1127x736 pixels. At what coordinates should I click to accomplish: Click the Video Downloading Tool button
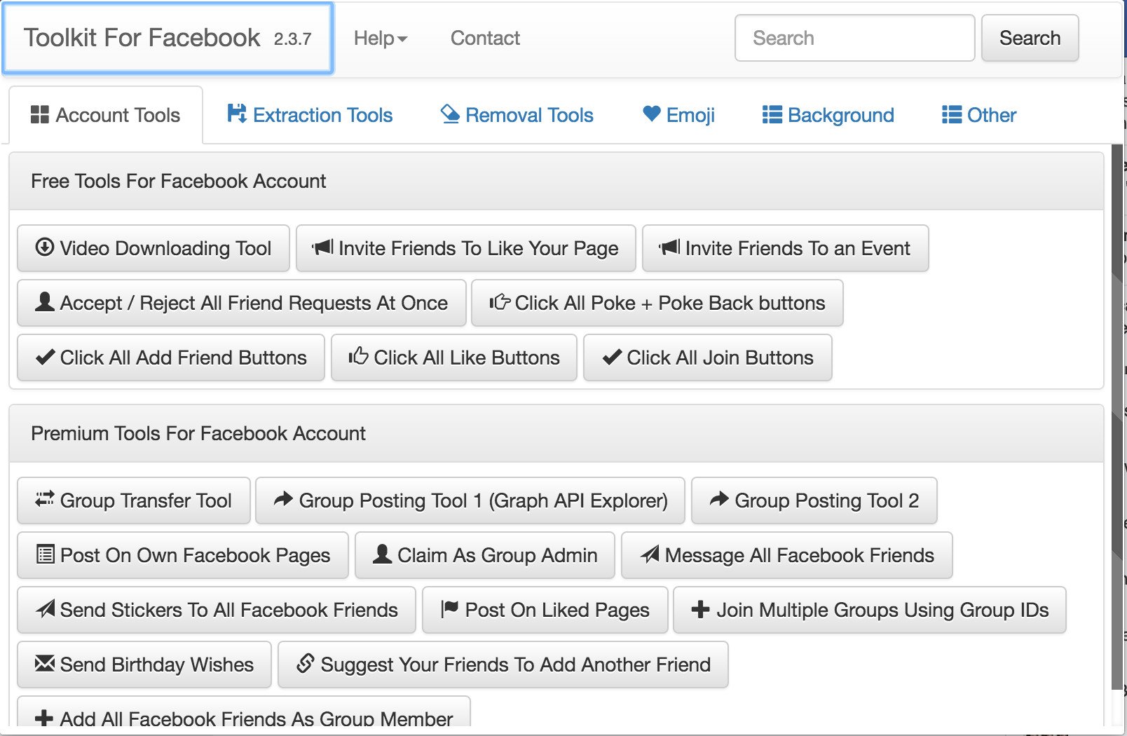pos(153,248)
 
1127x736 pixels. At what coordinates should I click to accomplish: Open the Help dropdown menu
pos(380,39)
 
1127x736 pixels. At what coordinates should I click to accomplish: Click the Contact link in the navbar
pos(485,39)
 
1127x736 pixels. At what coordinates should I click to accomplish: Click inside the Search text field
pos(854,39)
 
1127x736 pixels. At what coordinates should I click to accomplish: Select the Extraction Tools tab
pos(310,115)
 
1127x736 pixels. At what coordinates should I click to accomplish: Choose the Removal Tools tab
pos(517,115)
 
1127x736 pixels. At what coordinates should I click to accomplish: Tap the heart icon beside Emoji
pos(651,114)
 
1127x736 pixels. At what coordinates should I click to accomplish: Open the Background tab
pos(828,115)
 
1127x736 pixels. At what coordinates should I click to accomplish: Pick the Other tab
pos(979,115)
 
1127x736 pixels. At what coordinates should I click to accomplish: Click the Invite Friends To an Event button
pos(785,248)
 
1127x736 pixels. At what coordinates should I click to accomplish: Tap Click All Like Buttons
pos(453,357)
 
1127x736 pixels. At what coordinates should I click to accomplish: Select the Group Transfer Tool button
pos(133,500)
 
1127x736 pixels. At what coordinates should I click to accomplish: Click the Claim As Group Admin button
pos(484,555)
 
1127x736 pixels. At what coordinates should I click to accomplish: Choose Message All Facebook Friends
pos(786,555)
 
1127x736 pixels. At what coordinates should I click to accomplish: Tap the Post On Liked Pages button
pos(545,610)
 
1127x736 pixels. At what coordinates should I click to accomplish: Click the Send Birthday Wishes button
pos(144,665)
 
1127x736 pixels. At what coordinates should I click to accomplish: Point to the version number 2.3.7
pos(292,39)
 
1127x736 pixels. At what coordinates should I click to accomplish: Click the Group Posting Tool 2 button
pos(814,500)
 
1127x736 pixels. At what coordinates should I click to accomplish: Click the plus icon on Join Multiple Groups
pos(700,610)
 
